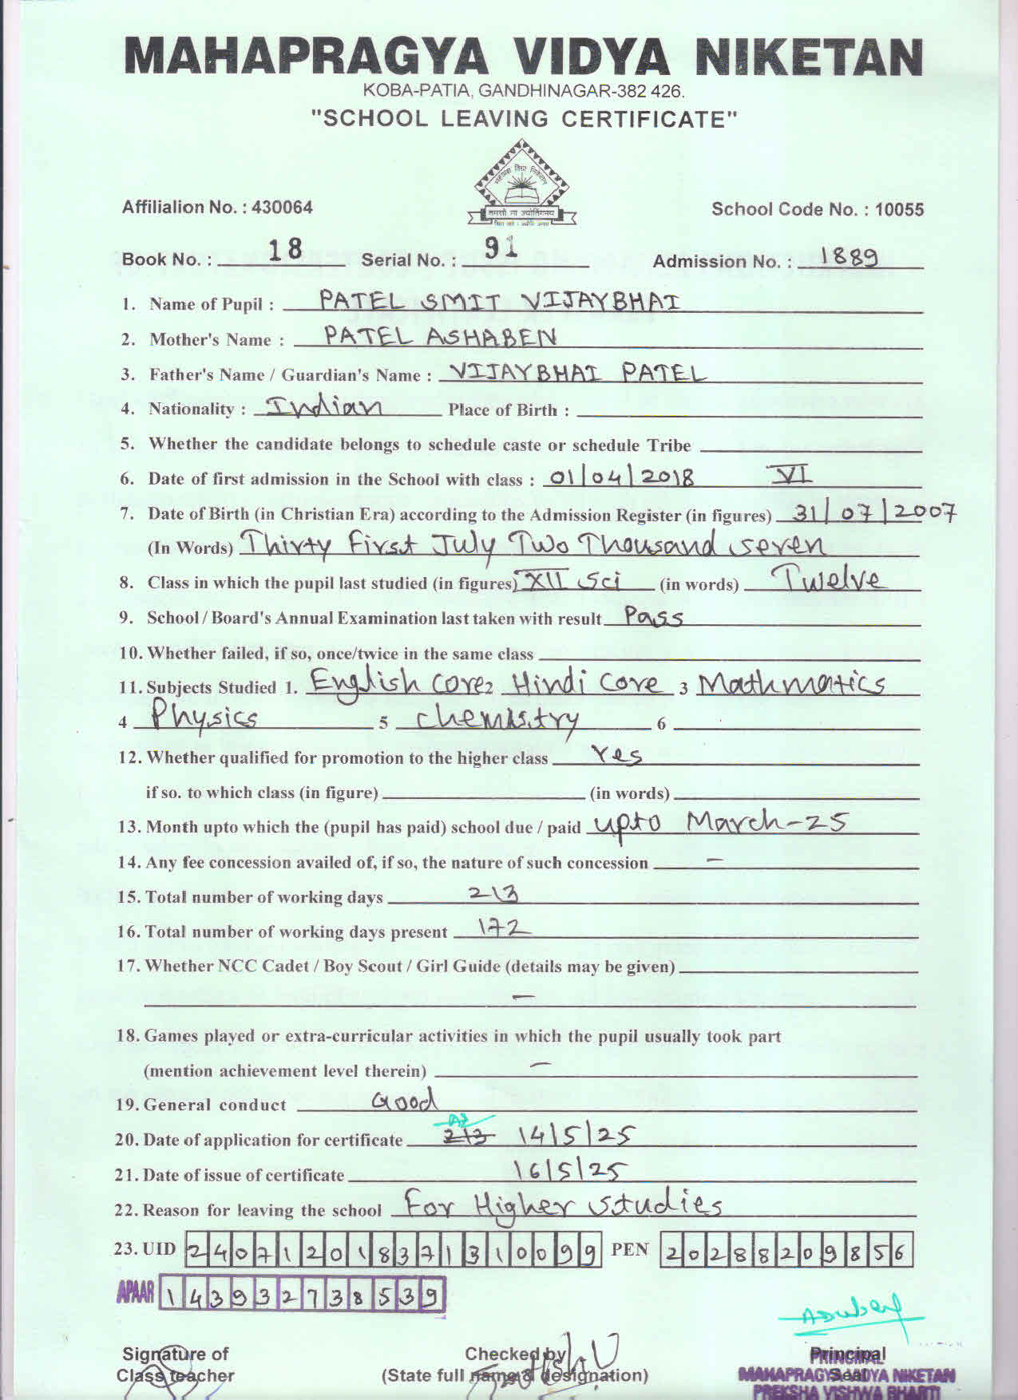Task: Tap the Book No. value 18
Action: point(285,251)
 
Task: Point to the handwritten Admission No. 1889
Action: point(850,257)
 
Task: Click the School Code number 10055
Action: point(899,210)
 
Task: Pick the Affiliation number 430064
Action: point(282,208)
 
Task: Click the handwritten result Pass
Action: point(653,617)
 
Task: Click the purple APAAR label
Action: point(136,1294)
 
